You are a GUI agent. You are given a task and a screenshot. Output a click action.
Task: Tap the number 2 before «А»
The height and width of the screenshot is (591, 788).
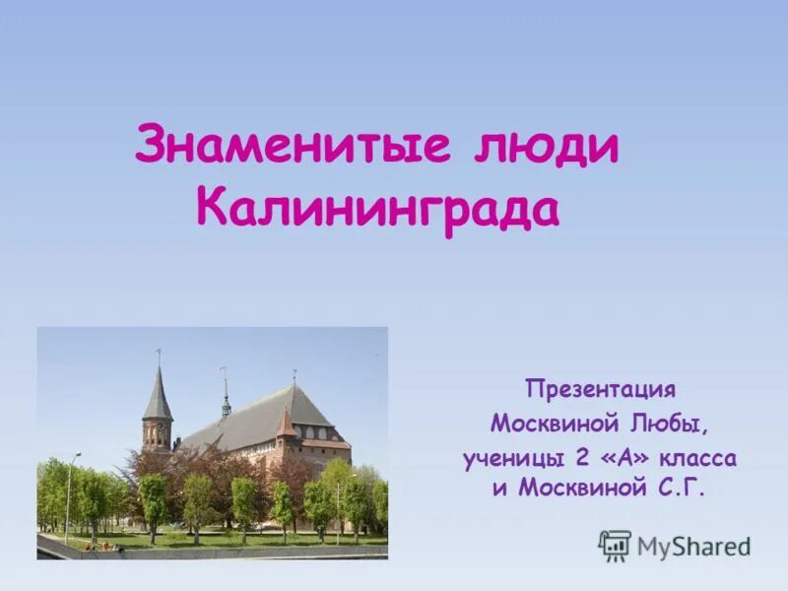point(592,458)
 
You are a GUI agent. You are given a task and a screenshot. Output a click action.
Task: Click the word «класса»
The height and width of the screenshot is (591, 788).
point(703,458)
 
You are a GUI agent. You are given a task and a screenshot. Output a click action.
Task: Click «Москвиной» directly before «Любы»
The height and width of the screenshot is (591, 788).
point(558,424)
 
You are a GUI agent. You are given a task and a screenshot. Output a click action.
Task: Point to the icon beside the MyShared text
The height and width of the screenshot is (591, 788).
point(615,545)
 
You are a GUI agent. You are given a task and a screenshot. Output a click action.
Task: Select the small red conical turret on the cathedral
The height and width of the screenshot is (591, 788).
point(285,425)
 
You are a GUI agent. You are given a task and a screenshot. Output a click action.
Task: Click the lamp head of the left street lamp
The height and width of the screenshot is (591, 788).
point(78,455)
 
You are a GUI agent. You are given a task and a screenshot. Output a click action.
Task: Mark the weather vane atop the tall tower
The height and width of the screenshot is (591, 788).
point(158,353)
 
